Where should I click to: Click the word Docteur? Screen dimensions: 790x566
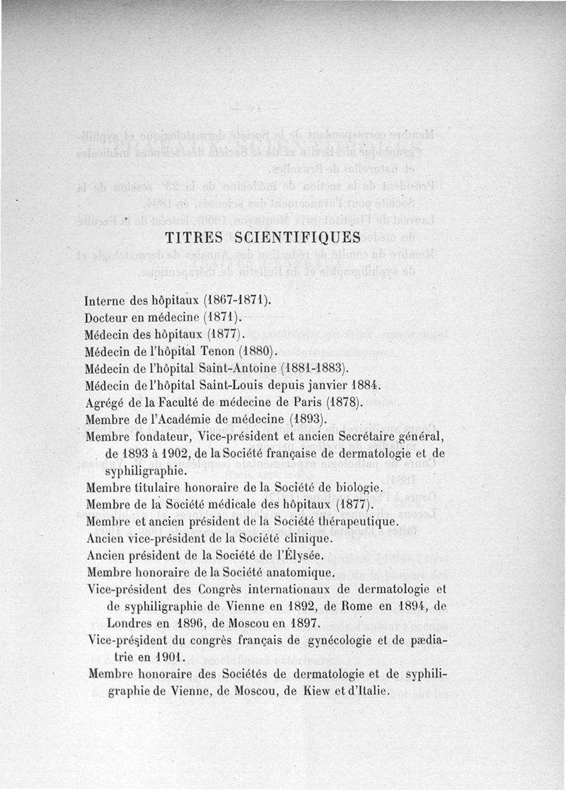pos(108,317)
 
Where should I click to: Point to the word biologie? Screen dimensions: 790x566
pos(356,487)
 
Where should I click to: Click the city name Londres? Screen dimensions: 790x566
pos(128,624)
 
